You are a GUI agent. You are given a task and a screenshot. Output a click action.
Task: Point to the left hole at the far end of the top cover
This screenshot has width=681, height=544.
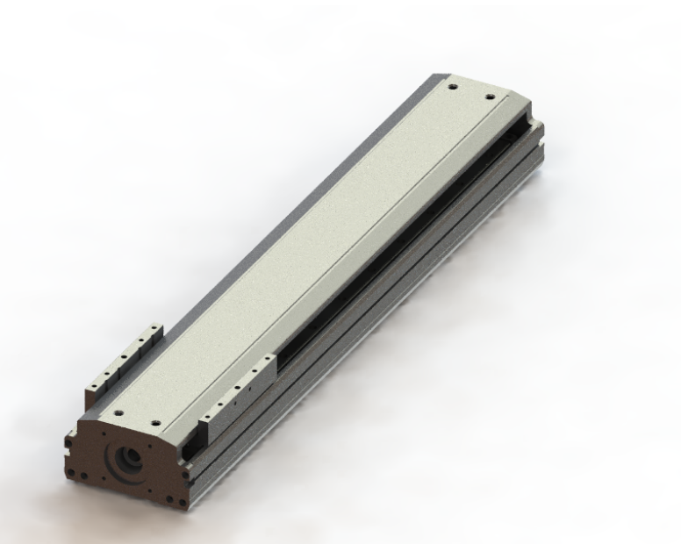pos(450,88)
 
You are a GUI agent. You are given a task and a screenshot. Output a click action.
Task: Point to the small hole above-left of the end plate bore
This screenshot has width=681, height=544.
pos(104,434)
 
